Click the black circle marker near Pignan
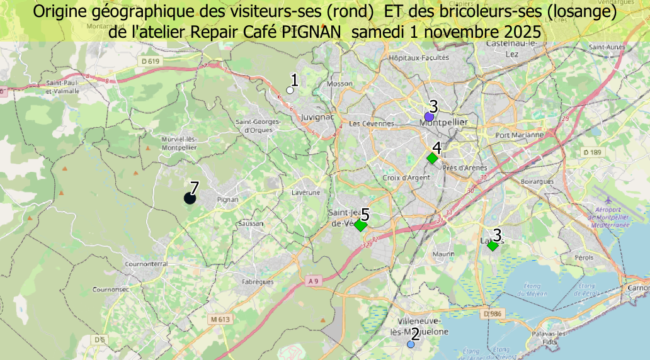point(190,199)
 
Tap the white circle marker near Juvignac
point(290,90)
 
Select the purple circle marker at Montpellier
point(429,116)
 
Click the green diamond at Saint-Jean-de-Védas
point(360,225)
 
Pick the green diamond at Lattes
point(493,246)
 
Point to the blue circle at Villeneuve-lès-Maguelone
point(411,344)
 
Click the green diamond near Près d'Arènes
point(432,159)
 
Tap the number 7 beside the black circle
point(194,188)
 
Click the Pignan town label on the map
point(227,200)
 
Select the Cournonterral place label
point(146,264)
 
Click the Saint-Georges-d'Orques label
point(254,125)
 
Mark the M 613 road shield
point(221,320)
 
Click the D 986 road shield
point(494,313)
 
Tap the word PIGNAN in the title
point(311,31)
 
